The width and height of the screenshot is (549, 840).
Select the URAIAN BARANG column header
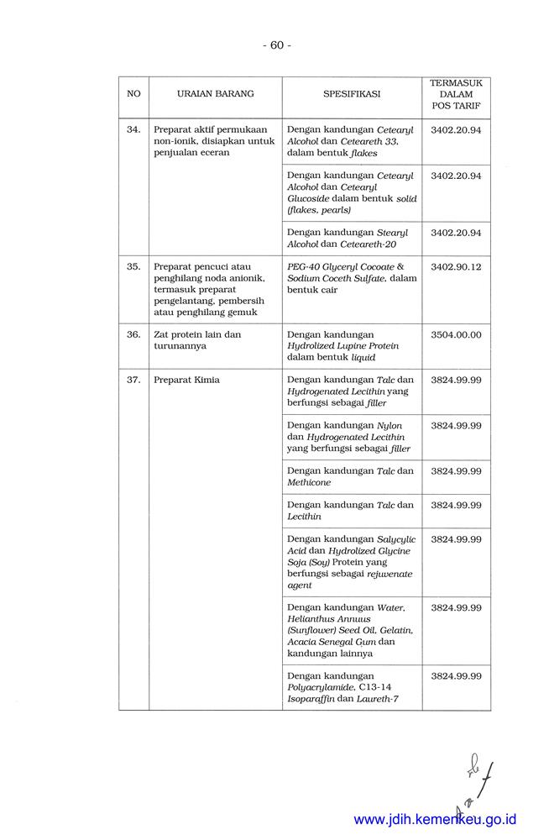[215, 94]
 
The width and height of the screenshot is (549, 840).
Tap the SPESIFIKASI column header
[352, 94]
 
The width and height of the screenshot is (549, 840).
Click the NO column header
[133, 94]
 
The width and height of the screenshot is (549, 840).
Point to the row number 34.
[133, 130]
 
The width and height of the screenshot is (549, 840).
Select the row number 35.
[133, 266]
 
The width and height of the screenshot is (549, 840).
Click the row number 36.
[133, 334]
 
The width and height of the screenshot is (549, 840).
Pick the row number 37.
[133, 380]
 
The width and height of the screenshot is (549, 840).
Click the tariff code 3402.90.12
[456, 266]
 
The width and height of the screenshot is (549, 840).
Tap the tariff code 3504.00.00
[456, 334]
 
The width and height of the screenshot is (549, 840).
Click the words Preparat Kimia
[186, 380]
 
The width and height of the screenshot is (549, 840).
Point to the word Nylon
[390, 426]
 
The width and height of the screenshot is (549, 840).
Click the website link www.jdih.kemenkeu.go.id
[435, 819]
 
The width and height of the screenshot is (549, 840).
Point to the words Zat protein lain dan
[197, 334]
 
